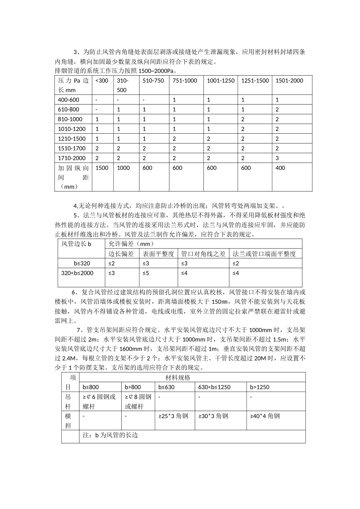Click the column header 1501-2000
coord(289,81)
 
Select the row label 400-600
coord(69,100)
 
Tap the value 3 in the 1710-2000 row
coord(277,158)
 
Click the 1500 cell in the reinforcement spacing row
coord(102,168)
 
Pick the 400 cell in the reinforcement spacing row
coord(280,168)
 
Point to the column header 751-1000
coord(185,81)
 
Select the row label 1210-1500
coord(72,139)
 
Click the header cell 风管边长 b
coord(77,244)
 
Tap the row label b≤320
coord(82,264)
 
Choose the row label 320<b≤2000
coord(77,273)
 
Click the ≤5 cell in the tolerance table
coord(146,273)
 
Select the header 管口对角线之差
coord(203,254)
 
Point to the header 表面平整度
coord(158,254)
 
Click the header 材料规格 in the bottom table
coord(178,378)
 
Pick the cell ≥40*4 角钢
coord(265,416)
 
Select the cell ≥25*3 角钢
coord(173,416)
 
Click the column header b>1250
coord(260,387)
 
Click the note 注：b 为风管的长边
coord(110,435)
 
